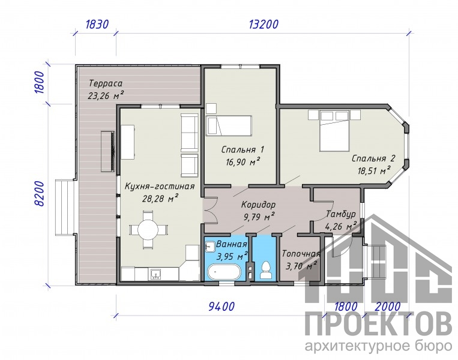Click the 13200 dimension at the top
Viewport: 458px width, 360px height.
click(264, 25)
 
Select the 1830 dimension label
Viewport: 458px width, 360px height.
click(97, 25)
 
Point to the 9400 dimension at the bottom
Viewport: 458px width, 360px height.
click(221, 307)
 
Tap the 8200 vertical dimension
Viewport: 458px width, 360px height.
click(39, 194)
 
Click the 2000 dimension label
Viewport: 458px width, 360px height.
click(387, 307)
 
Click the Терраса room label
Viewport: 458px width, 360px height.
click(106, 83)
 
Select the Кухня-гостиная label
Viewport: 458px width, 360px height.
click(160, 186)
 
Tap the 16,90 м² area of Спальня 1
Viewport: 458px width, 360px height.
click(243, 161)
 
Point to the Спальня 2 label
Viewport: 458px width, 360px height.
click(373, 158)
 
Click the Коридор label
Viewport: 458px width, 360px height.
click(258, 205)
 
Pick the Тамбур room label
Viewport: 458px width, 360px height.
click(341, 214)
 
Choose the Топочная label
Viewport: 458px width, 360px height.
click(301, 254)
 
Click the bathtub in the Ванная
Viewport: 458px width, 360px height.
click(224, 272)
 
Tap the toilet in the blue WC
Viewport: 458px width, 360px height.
click(265, 270)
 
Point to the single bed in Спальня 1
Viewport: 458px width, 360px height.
click(229, 125)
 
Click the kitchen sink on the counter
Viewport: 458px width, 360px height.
click(157, 274)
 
